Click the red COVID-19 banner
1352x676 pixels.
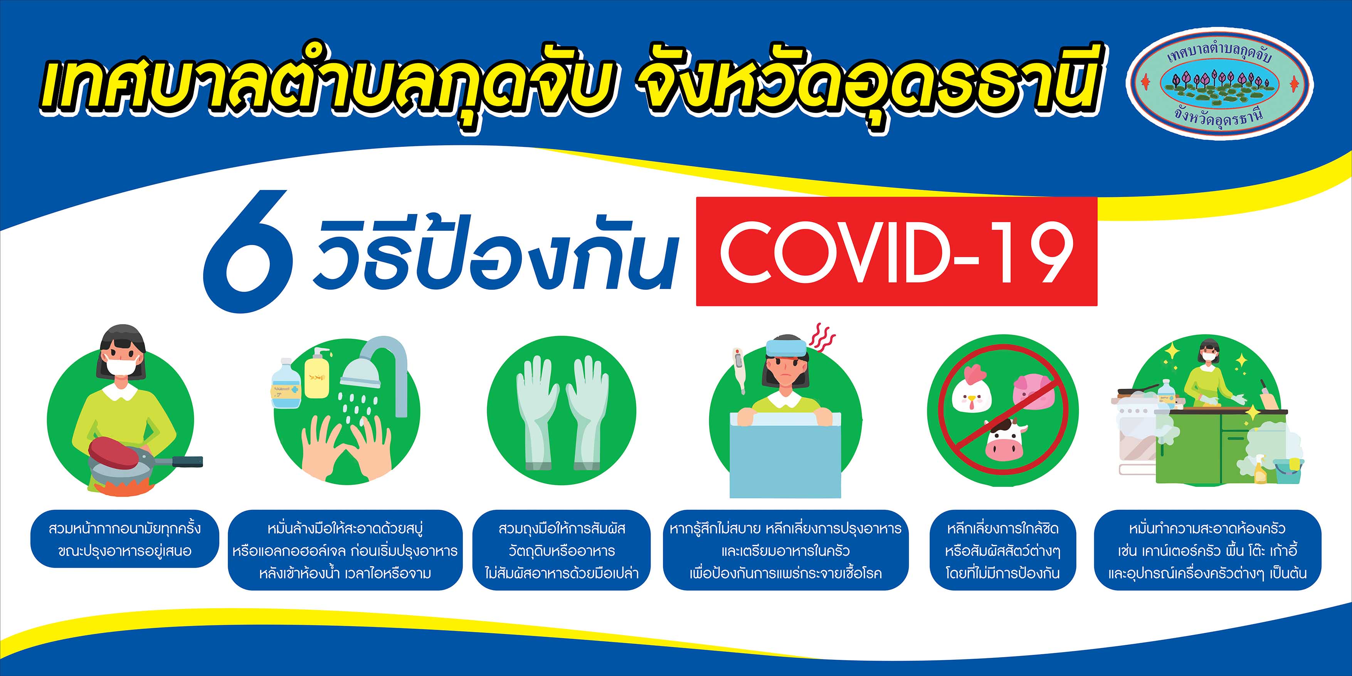(896, 251)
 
